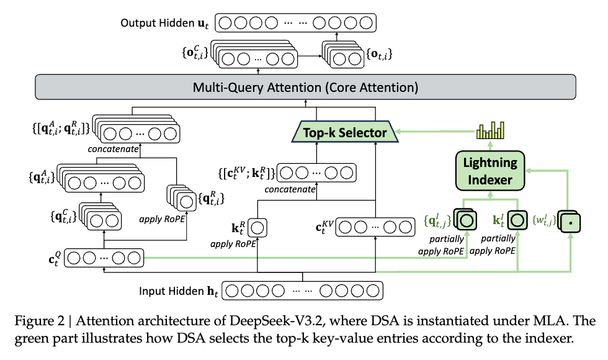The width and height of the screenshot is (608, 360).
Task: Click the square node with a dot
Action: click(x=571, y=222)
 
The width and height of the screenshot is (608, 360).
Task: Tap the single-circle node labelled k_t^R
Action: click(x=257, y=228)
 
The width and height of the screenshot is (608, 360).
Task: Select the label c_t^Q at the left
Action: click(x=55, y=258)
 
